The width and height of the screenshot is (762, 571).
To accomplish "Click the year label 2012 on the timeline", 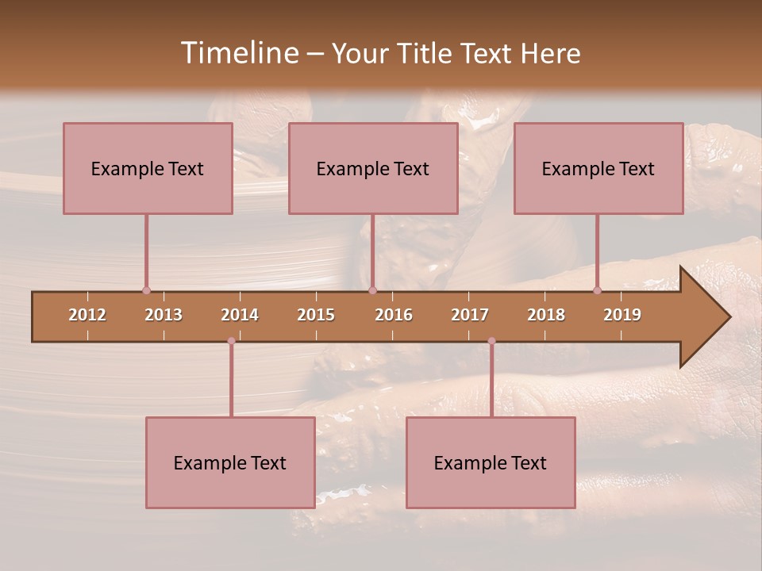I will coord(87,315).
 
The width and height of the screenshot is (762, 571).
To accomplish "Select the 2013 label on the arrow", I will coord(164,315).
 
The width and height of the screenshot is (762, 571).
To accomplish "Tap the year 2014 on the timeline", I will coord(240,315).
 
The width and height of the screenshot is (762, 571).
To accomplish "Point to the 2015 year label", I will coord(316,315).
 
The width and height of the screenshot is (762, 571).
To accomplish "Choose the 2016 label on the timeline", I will coord(394,315).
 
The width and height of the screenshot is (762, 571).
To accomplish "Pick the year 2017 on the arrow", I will coord(470,315).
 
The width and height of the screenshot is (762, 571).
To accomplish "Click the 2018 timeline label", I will coord(546,315).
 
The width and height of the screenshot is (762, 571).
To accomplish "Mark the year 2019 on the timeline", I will coord(622,315).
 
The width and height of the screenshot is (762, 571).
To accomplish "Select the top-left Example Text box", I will coord(148,168).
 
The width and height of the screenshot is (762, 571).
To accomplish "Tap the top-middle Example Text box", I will coord(373,168).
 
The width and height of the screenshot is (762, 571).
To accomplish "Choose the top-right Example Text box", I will coord(598,168).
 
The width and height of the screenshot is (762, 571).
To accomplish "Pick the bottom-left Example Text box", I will coord(230,462).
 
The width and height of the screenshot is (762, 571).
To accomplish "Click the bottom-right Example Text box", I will coord(491,462).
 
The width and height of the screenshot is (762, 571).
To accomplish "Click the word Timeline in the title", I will coord(238,53).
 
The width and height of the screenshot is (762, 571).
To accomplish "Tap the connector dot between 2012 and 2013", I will coord(146,290).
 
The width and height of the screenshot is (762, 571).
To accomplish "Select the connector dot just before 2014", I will coord(231,341).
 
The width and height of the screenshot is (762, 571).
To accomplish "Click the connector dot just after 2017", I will coord(491,341).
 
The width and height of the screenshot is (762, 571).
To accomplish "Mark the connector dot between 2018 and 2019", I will coord(598,290).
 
